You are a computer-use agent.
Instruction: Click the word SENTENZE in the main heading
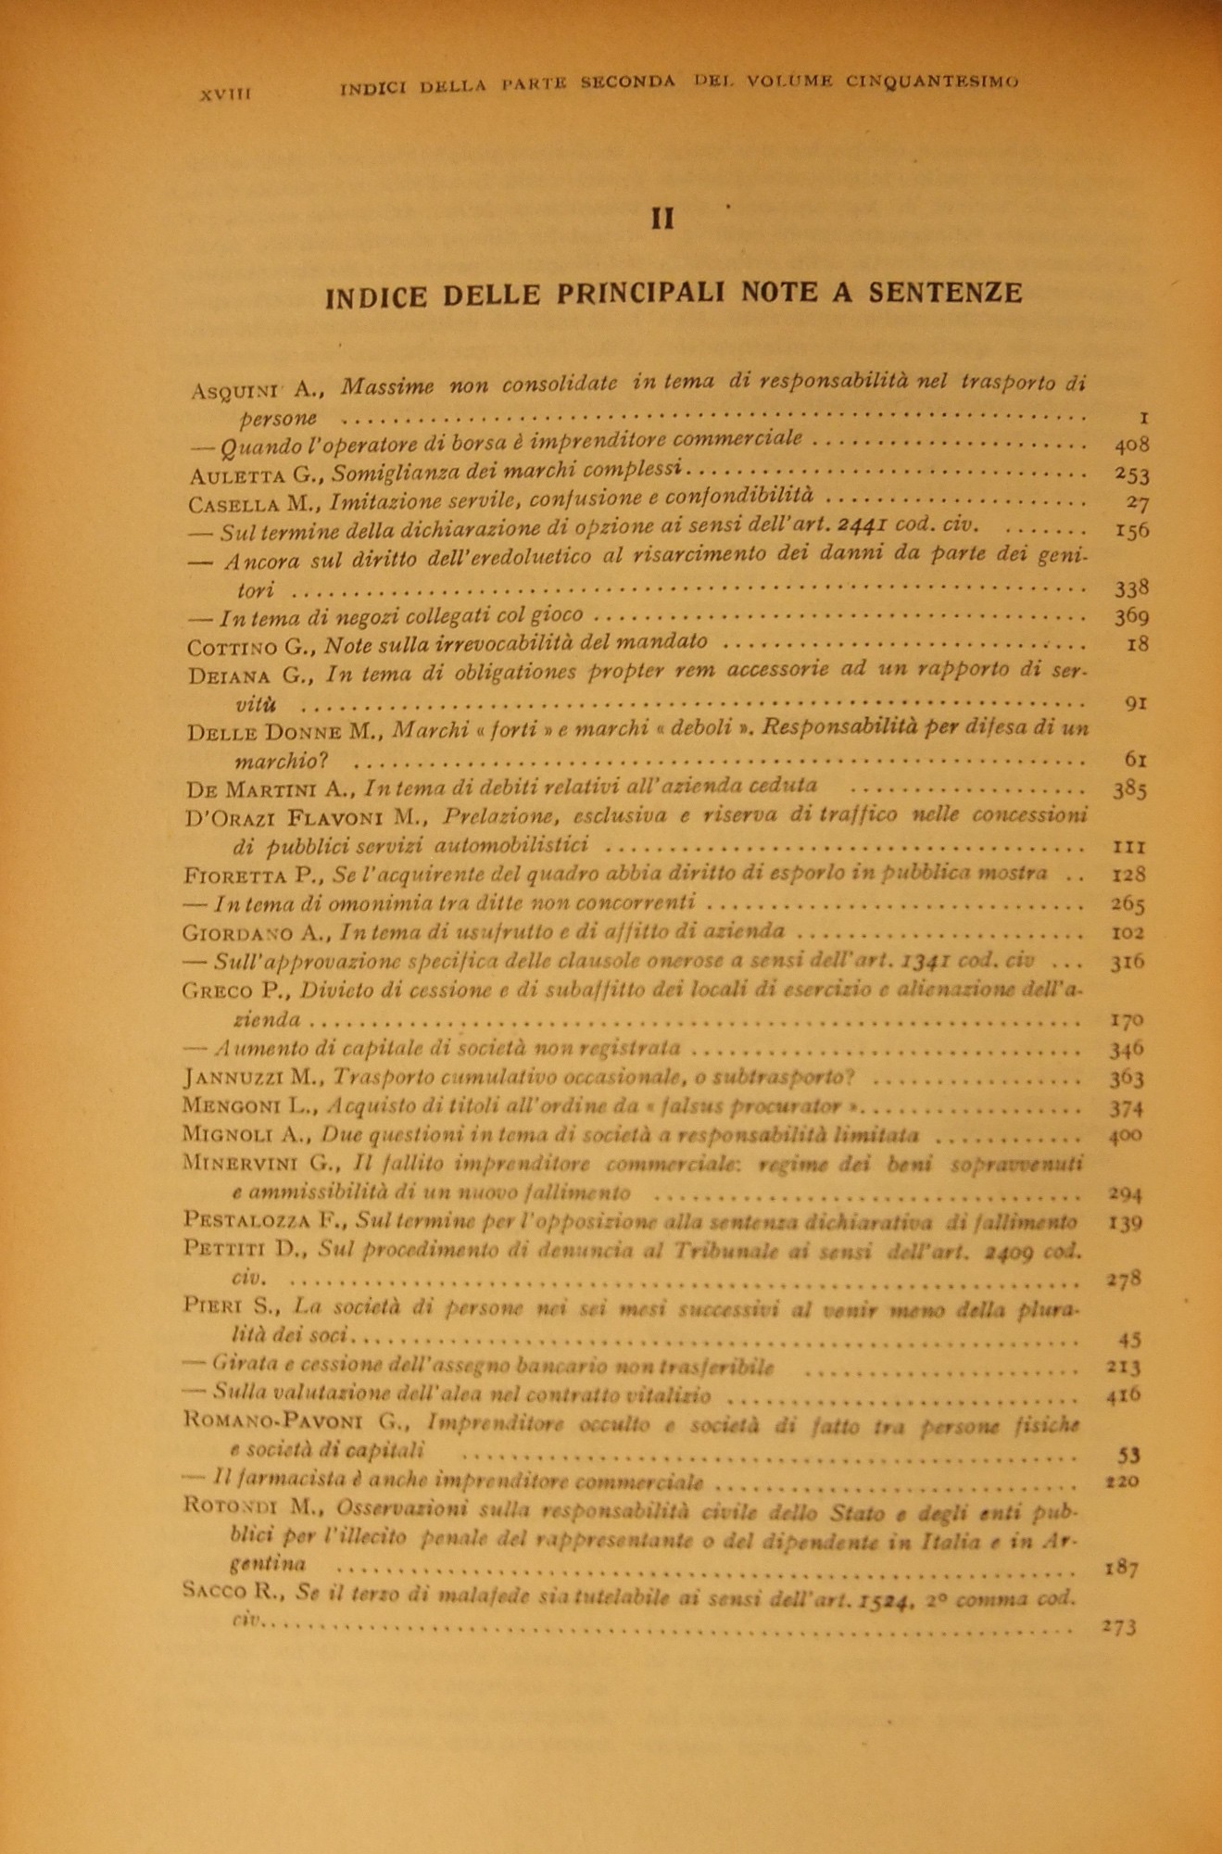coord(946,294)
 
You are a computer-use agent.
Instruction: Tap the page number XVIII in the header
coord(227,94)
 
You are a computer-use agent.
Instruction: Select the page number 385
coord(1130,789)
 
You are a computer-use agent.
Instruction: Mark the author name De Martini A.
coord(270,789)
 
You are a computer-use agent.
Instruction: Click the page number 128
coord(1129,874)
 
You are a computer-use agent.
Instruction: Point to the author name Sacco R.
coord(238,1593)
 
